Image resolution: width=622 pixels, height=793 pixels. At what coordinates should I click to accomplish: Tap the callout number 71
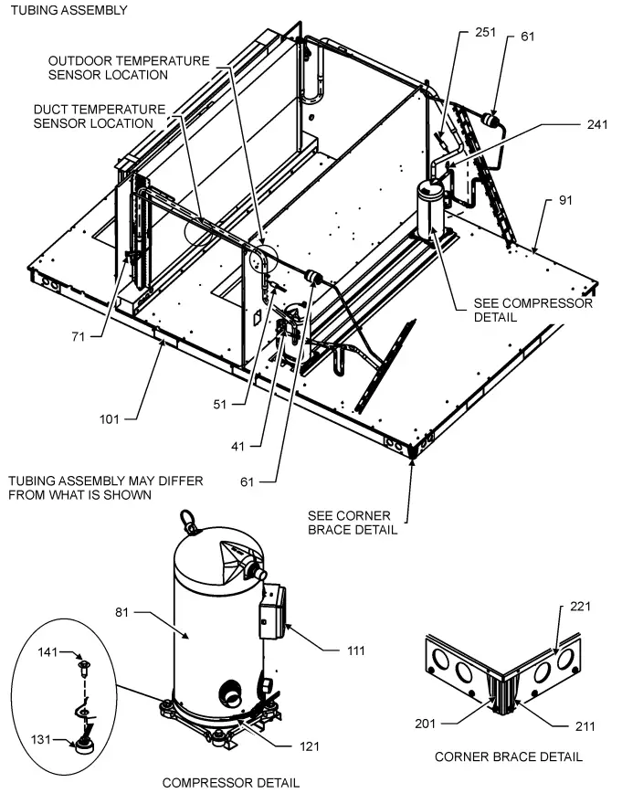[x=79, y=336]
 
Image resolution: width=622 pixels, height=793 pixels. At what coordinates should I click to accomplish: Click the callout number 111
[x=355, y=650]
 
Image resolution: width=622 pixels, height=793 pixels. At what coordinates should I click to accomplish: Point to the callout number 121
[x=312, y=746]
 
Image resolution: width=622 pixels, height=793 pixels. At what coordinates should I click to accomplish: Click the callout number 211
[x=585, y=726]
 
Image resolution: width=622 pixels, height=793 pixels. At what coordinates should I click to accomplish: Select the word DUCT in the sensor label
[x=52, y=109]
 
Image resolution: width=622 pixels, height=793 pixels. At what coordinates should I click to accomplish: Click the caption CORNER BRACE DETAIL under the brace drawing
[x=508, y=756]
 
